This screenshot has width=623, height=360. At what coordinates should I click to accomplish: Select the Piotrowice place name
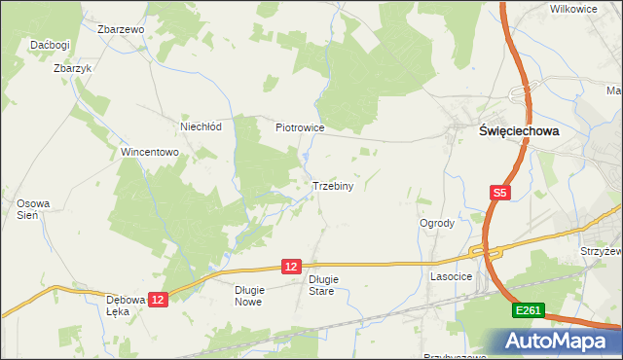click(299, 127)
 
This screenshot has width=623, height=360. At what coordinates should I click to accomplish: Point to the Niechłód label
click(202, 126)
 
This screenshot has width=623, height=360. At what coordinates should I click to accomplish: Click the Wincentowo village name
click(149, 153)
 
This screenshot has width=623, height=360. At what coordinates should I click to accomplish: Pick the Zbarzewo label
click(121, 29)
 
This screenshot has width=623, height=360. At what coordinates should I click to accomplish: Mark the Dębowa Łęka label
click(127, 306)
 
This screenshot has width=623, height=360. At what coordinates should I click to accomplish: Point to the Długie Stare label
click(323, 285)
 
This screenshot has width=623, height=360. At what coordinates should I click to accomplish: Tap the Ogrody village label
click(437, 223)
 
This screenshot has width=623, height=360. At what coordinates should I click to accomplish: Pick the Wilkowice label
click(573, 9)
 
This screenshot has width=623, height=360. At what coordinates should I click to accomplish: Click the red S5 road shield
click(499, 194)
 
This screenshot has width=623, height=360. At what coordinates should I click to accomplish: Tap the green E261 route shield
click(529, 309)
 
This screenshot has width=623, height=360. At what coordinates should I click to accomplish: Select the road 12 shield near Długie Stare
click(292, 266)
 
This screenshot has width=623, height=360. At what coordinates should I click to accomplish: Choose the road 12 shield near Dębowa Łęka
click(160, 300)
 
